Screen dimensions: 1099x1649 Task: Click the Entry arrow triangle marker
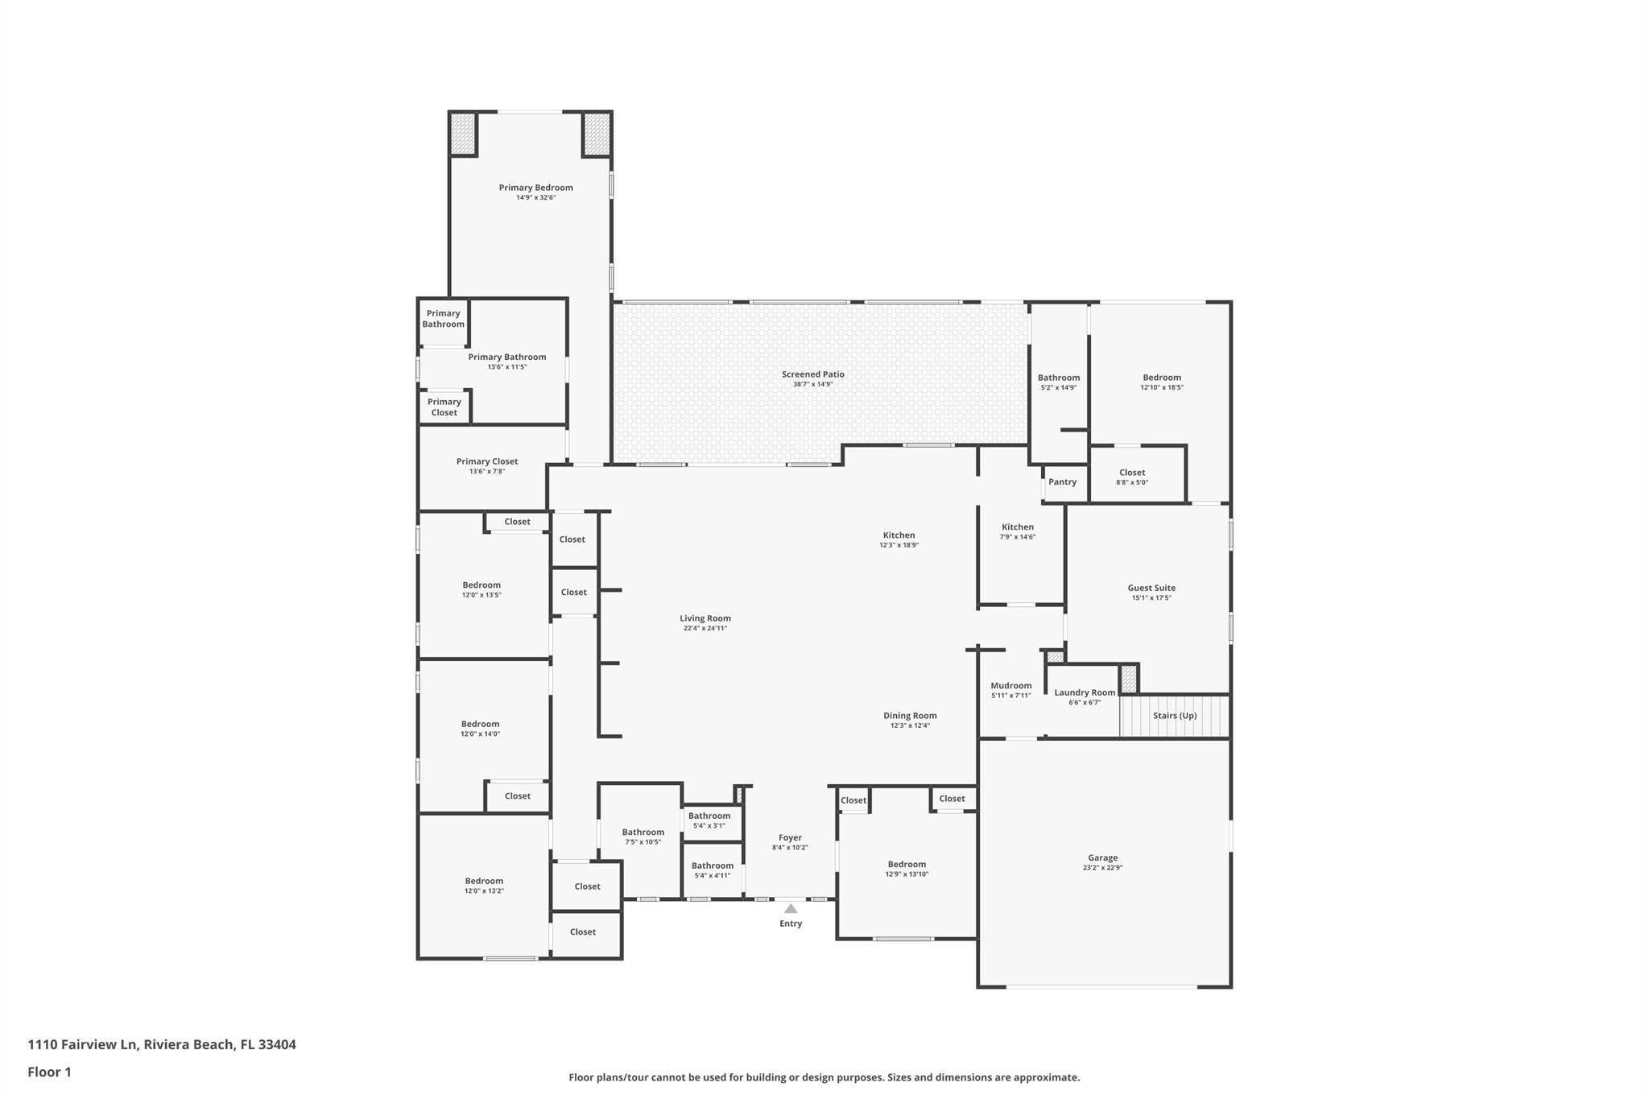click(791, 909)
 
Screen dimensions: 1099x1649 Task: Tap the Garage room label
click(1102, 858)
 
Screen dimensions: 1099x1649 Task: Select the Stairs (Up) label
click(1175, 716)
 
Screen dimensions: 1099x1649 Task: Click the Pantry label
click(1062, 482)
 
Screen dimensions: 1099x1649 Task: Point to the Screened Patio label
click(812, 374)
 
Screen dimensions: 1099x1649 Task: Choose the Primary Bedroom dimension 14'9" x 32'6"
click(535, 198)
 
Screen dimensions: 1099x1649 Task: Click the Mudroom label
click(1010, 686)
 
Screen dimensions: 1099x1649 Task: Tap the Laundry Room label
click(1085, 692)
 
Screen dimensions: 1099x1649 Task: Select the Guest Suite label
click(1151, 589)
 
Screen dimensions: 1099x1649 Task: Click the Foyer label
click(790, 838)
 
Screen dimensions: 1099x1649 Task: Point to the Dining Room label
click(910, 716)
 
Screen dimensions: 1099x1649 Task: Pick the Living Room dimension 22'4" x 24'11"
click(705, 629)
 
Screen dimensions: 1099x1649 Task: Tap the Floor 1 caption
click(50, 1072)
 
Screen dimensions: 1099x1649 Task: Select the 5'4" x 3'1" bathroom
click(709, 820)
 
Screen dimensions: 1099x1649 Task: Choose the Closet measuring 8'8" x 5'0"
click(1131, 477)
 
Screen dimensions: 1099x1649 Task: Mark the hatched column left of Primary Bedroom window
click(463, 134)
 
